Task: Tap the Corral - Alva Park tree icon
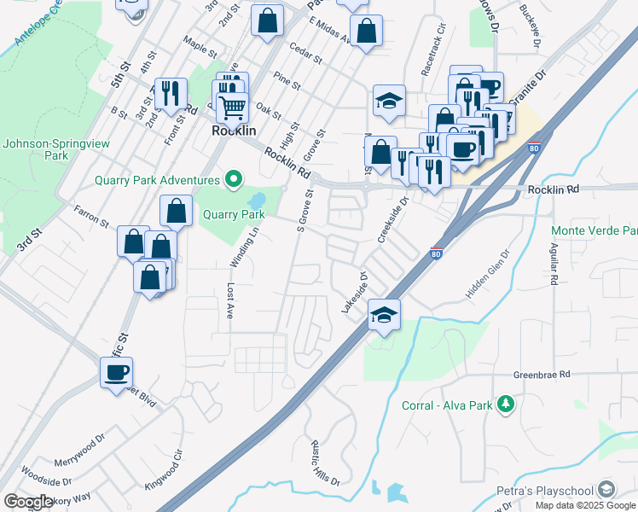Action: (x=507, y=404)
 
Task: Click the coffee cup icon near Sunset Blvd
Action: (x=116, y=373)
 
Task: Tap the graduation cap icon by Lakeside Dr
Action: (x=384, y=316)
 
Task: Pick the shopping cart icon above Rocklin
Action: (x=231, y=108)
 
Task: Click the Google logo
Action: (x=28, y=502)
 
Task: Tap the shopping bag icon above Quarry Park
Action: (x=175, y=211)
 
